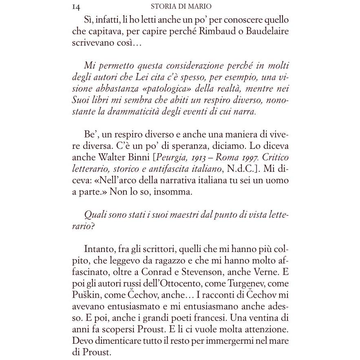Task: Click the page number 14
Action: click(75, 7)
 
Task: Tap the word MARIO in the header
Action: click(199, 7)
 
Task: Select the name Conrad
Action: click(177, 272)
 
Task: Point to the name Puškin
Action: click(87, 294)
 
